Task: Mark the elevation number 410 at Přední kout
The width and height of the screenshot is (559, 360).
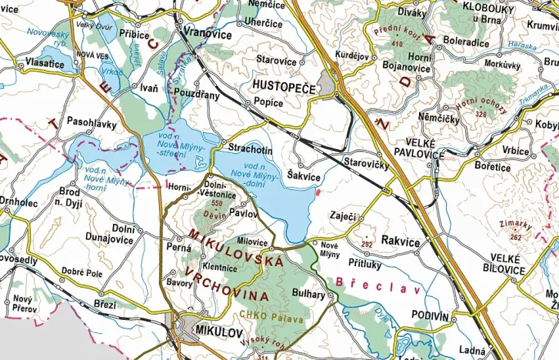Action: coord(397,44)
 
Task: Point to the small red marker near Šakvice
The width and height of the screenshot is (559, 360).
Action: coord(318,192)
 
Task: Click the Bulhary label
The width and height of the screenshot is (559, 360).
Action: coord(310,293)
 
